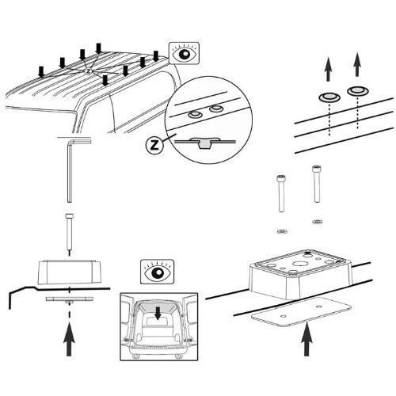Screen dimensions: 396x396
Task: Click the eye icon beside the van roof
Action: [x=185, y=54]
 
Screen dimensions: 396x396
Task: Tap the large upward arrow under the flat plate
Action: [x=307, y=342]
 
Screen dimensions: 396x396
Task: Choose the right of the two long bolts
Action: [x=316, y=186]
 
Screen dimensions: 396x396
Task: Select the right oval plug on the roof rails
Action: [x=357, y=91]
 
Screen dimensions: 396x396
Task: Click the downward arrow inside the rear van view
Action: [x=158, y=314]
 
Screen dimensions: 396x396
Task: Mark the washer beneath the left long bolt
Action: [x=280, y=230]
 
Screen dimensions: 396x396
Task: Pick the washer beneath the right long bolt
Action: [x=317, y=221]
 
